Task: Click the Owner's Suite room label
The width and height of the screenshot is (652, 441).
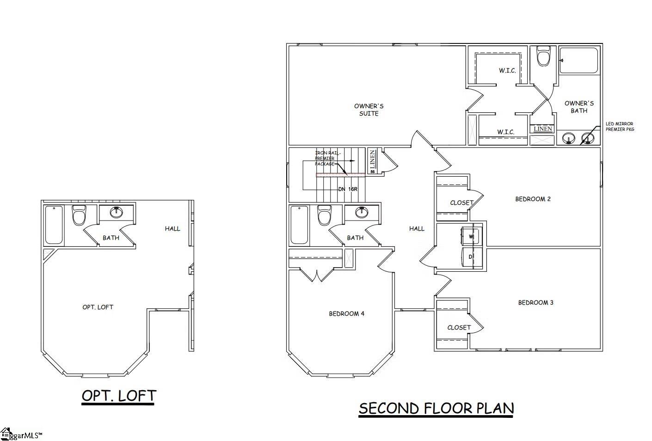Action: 369,110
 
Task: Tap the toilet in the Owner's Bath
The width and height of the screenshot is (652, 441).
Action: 544,56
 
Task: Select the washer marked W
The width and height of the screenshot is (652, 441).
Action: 472,236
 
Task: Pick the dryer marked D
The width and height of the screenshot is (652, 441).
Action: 472,257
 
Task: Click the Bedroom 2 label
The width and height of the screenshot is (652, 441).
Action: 533,199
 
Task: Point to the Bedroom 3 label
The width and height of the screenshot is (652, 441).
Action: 535,303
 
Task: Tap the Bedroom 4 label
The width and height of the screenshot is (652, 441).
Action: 346,314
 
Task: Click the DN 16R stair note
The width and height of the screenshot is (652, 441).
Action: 348,189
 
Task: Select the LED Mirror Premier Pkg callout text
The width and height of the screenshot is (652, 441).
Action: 620,127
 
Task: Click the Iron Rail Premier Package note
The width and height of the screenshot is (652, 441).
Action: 327,158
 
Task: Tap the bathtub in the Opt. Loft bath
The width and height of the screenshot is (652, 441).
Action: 54,225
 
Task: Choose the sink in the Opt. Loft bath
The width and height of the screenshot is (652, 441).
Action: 117,213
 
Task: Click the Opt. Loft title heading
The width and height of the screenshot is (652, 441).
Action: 119,396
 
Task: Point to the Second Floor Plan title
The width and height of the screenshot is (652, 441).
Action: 436,409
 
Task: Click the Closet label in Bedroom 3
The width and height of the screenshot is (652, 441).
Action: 459,328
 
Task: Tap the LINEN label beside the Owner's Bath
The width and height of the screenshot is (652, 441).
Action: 543,129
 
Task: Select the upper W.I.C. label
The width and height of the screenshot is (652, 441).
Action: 507,71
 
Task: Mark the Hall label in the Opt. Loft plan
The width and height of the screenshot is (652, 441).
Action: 172,228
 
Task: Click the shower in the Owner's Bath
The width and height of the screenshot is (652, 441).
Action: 579,60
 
